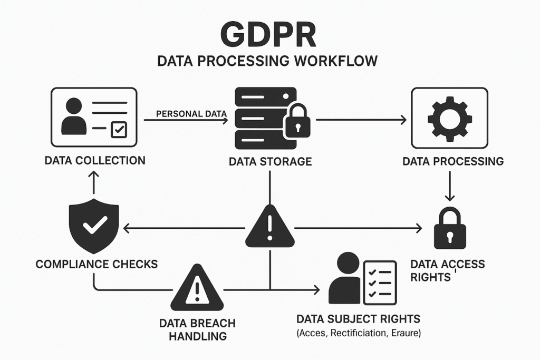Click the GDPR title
point(269,34)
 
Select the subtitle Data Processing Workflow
point(268,61)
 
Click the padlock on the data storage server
point(297,124)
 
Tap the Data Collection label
point(94,160)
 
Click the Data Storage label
point(270,161)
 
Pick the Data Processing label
point(453,161)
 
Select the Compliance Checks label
point(97,264)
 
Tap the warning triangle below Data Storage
point(269,227)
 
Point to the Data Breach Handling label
point(198,329)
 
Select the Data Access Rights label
point(448,270)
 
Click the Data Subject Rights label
point(358,319)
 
